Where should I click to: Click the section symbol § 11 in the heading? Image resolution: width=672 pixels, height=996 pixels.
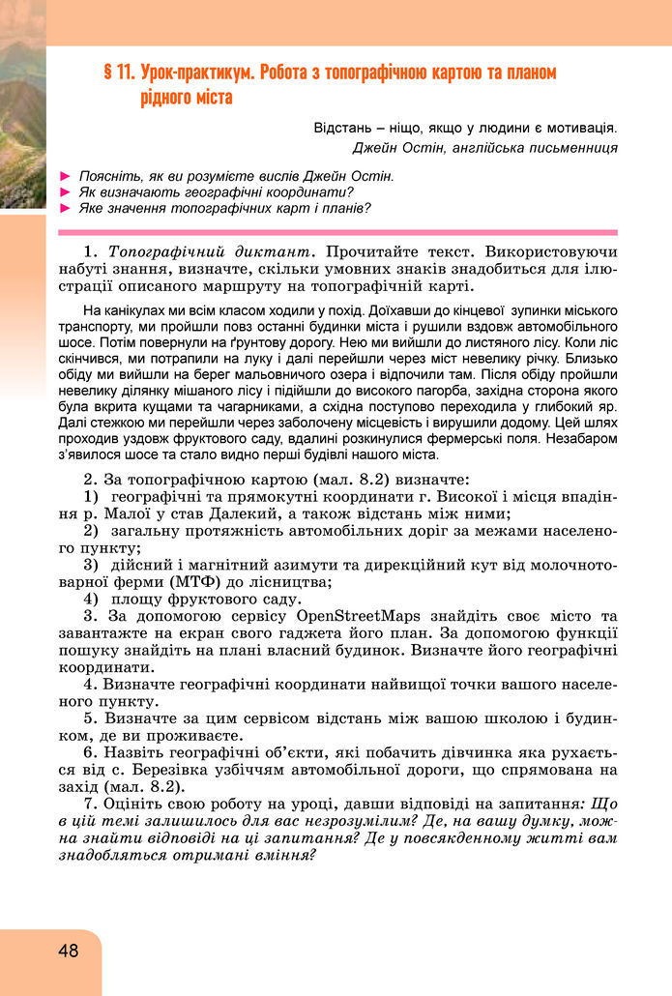118,73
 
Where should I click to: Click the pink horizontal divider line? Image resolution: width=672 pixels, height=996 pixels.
337,232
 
